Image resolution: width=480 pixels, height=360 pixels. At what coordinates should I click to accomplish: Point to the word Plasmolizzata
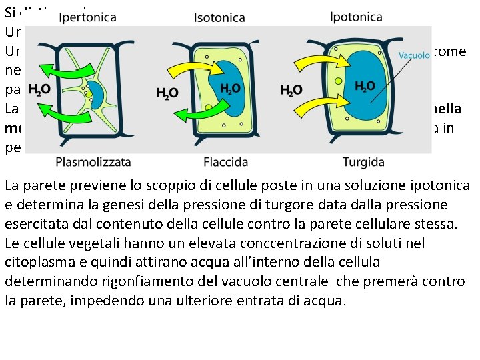[x=93, y=161]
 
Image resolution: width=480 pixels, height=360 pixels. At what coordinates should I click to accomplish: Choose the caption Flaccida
[x=225, y=161]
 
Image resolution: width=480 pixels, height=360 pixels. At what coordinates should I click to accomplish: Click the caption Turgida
[x=363, y=161]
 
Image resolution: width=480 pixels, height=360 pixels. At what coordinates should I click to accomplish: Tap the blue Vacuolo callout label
[x=414, y=55]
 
